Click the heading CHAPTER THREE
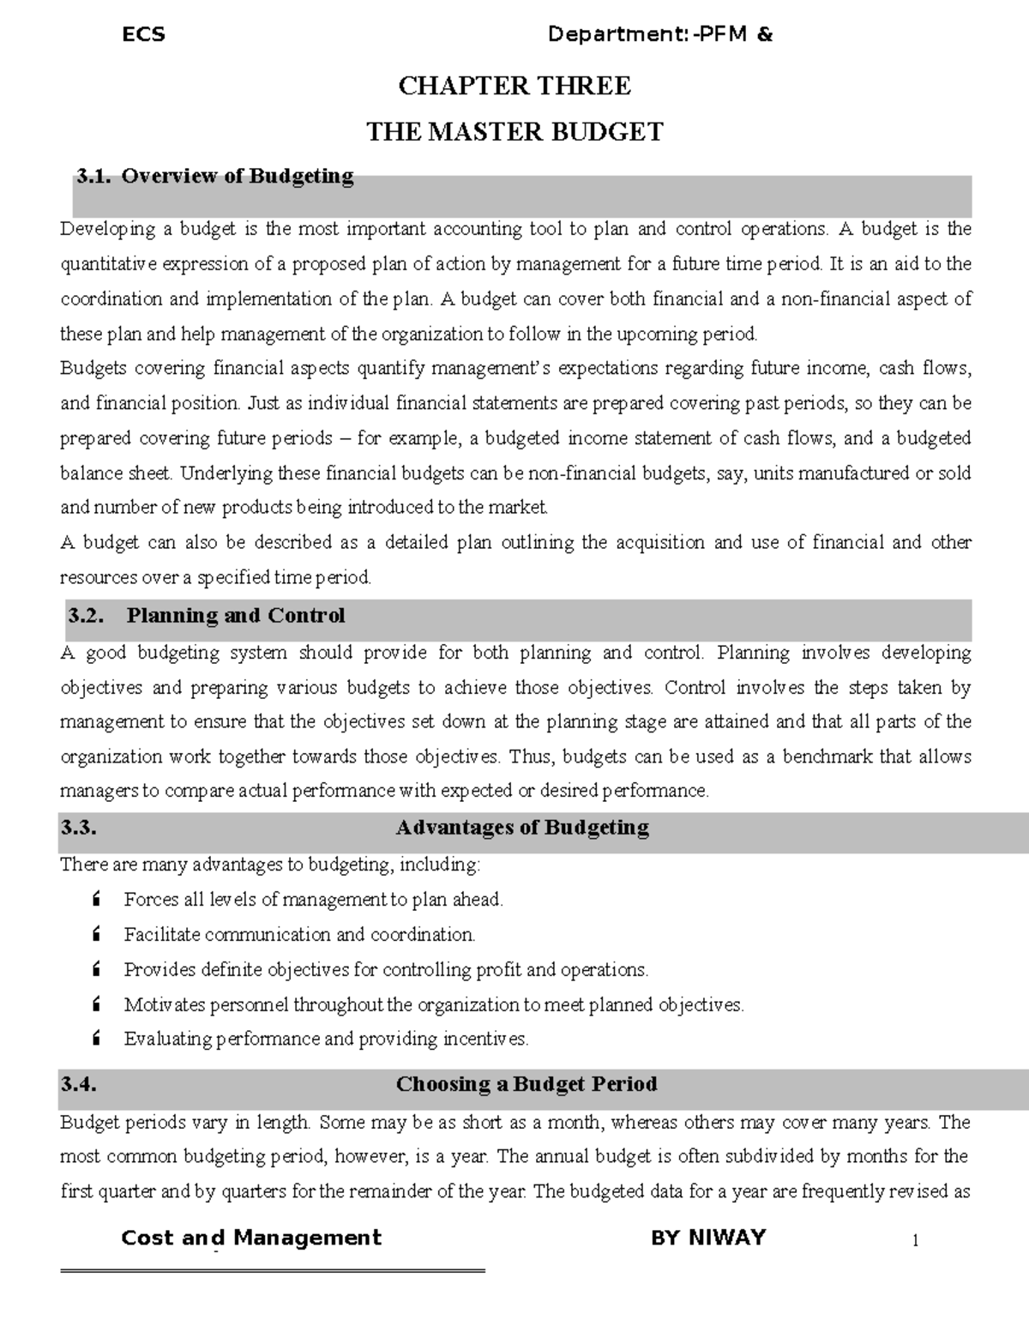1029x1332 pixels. tap(514, 86)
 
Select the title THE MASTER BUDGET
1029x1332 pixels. tap(514, 132)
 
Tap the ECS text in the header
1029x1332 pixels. tap(143, 35)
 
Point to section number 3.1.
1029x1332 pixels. tap(93, 177)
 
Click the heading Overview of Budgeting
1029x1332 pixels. tap(238, 177)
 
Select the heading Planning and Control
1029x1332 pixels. tap(236, 616)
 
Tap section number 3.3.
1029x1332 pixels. tap(78, 828)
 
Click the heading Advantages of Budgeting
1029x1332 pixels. tap(522, 828)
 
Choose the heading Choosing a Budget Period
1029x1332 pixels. tap(527, 1084)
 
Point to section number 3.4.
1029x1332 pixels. tap(78, 1084)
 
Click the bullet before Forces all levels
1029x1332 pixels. tap(95, 900)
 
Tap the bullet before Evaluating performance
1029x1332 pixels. tap(95, 1040)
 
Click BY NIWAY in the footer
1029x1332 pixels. tap(708, 1238)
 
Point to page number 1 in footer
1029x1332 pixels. tap(916, 1241)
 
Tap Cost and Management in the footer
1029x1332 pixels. tap(251, 1238)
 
